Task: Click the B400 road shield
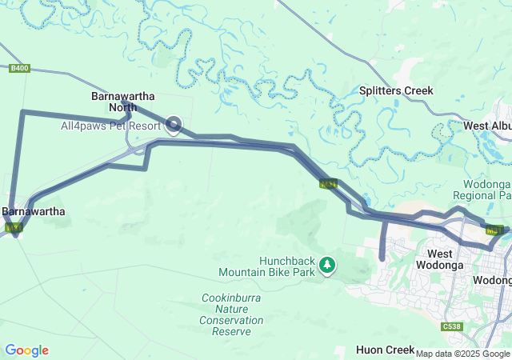pyautogui.click(x=20, y=69)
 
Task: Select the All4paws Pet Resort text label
pyautogui.click(x=111, y=126)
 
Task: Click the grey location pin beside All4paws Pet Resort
pyautogui.click(x=174, y=125)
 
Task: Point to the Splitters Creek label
pyautogui.click(x=396, y=90)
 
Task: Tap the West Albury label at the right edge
pyautogui.click(x=487, y=126)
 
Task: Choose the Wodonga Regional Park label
pyautogui.click(x=482, y=189)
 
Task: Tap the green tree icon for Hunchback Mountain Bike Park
pyautogui.click(x=327, y=265)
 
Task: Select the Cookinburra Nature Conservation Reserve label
pyautogui.click(x=232, y=314)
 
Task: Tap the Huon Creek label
pyautogui.click(x=385, y=350)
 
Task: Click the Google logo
pyautogui.click(x=26, y=350)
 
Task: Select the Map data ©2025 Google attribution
pyautogui.click(x=462, y=354)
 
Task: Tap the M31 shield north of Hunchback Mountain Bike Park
pyautogui.click(x=328, y=184)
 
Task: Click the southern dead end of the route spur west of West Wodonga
pyautogui.click(x=382, y=258)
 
